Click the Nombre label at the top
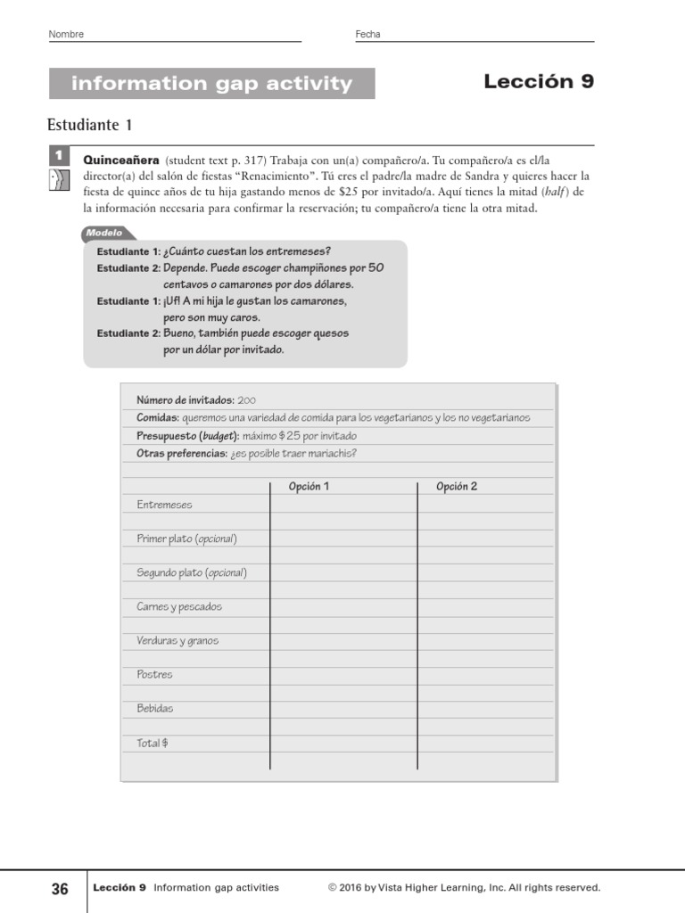[x=66, y=34]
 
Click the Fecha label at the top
[x=367, y=34]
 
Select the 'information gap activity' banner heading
[x=211, y=84]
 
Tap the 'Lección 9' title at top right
[x=538, y=82]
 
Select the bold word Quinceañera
[x=121, y=160]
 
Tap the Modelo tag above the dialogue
[x=103, y=233]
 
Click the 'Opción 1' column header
[x=309, y=486]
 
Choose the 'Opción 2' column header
[x=456, y=486]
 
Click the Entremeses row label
[x=164, y=505]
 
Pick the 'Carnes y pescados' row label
[x=179, y=606]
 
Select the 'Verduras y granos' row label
[x=177, y=640]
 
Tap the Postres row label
[x=154, y=674]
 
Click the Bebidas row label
[x=155, y=708]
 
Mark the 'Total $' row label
[x=153, y=743]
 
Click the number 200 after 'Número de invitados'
[x=247, y=400]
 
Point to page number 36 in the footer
[x=60, y=888]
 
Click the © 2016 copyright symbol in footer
[x=332, y=888]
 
